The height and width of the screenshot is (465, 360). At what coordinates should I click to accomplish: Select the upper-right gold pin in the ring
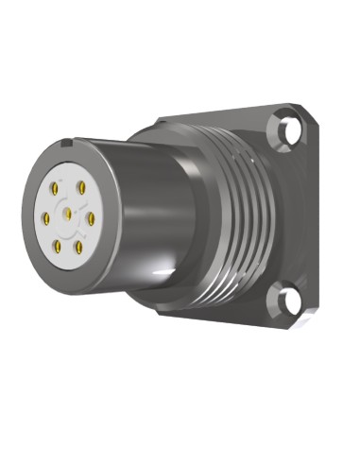point(82,187)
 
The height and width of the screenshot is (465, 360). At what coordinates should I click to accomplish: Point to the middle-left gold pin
point(44,219)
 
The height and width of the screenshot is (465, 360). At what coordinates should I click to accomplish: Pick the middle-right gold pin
point(92,217)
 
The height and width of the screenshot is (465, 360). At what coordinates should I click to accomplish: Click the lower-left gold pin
point(59,248)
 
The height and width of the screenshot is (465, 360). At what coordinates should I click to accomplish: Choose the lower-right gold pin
point(79,247)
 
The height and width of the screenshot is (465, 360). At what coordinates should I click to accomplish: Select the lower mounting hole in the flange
point(286,301)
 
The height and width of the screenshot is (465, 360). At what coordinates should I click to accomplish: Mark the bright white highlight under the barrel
point(142,274)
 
